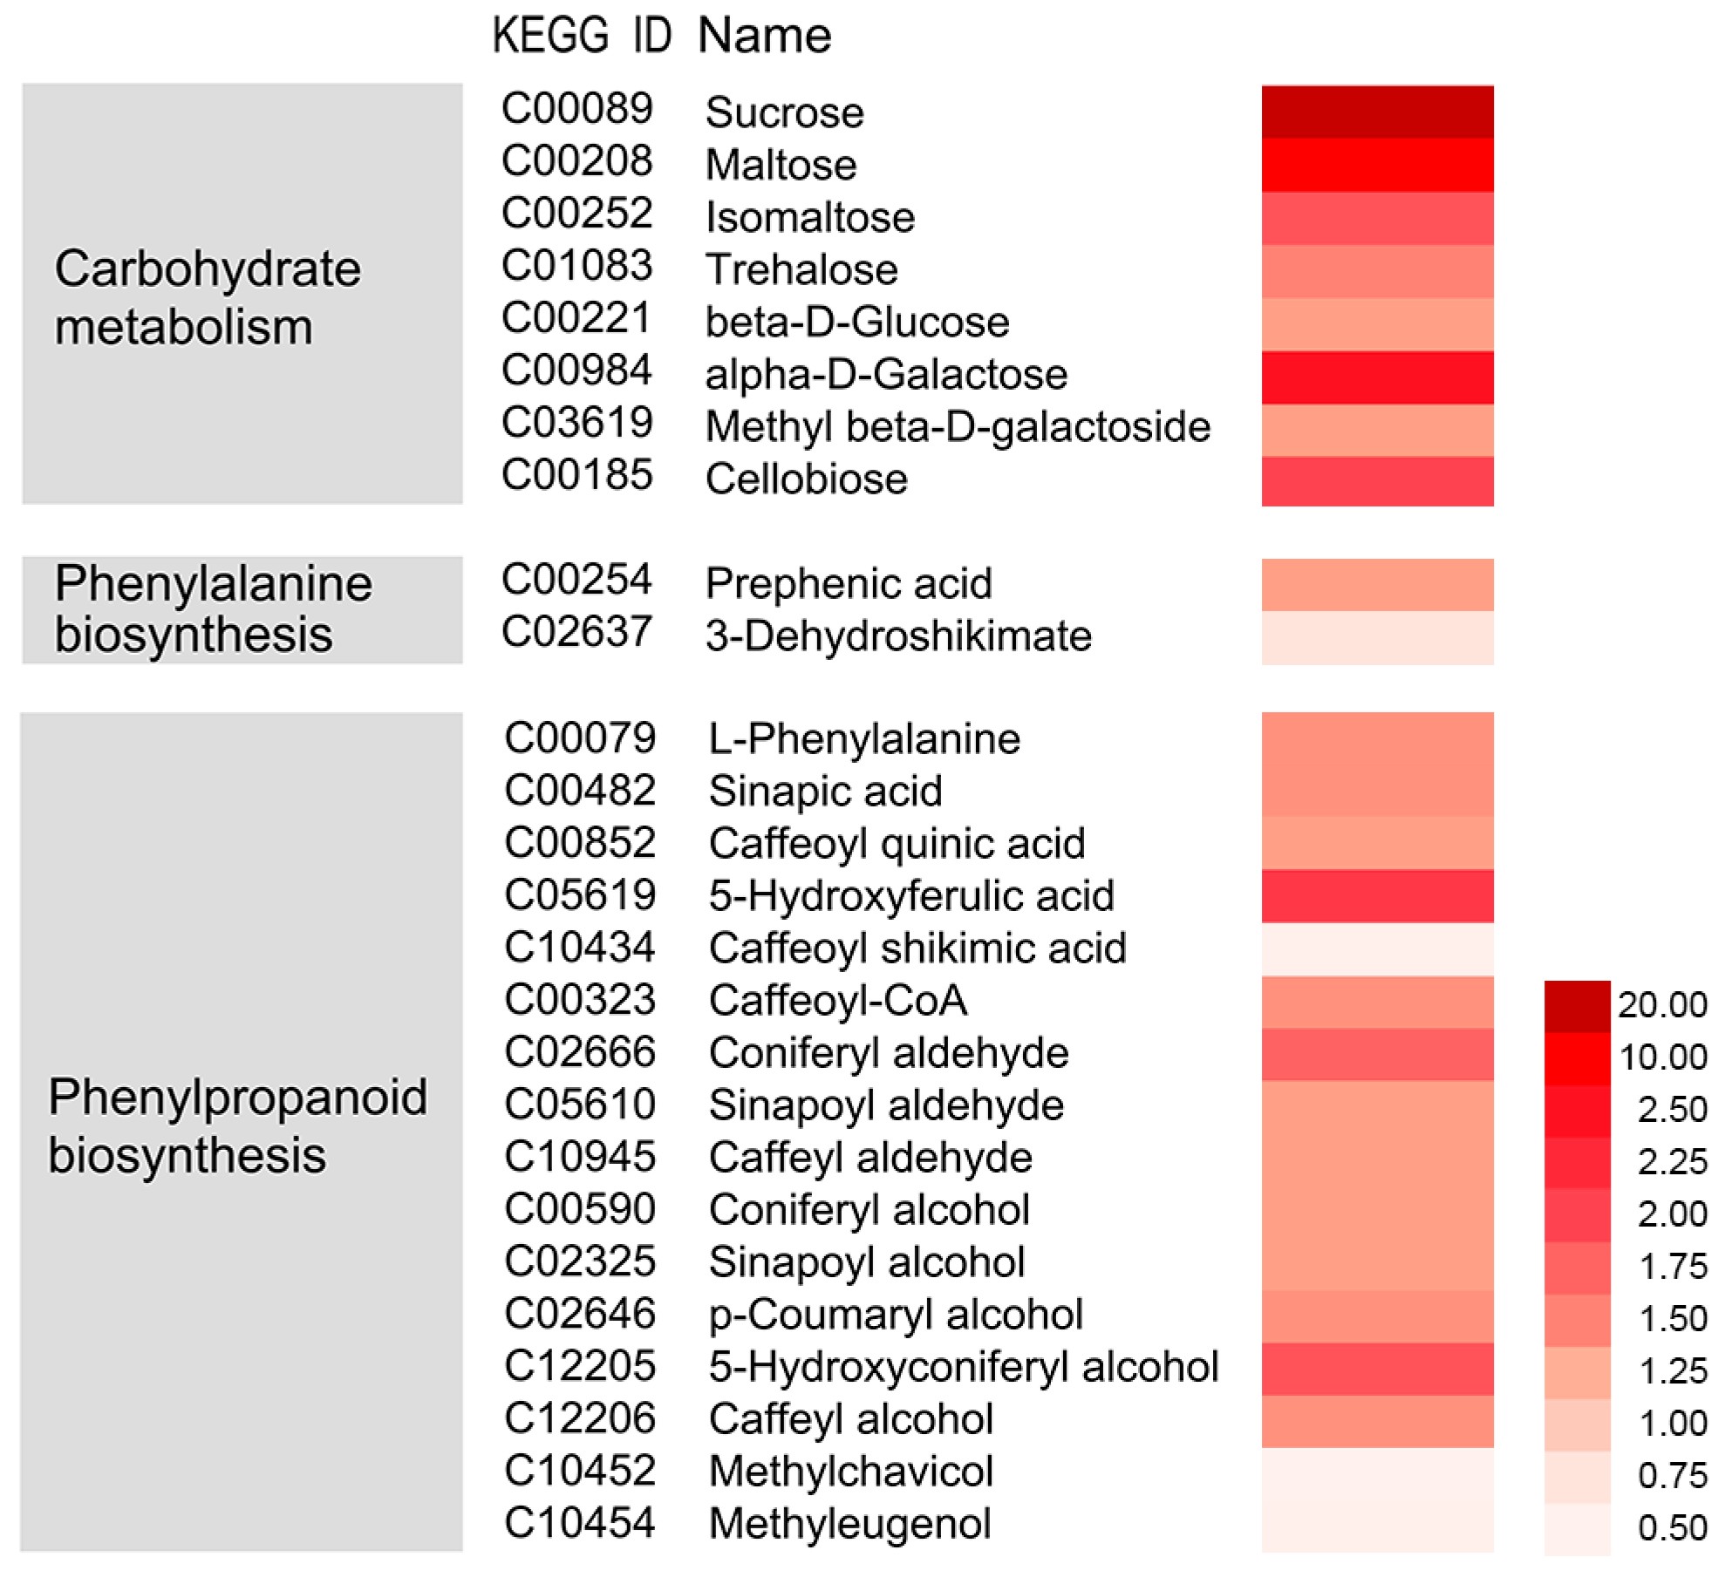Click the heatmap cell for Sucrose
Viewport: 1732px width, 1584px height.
(x=1376, y=112)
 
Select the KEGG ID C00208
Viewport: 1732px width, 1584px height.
(x=576, y=161)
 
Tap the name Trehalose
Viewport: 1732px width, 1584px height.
(x=801, y=269)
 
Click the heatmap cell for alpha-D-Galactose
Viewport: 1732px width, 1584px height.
(x=1376, y=377)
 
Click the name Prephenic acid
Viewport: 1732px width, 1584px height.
(x=848, y=583)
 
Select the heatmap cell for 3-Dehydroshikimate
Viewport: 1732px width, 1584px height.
(x=1376, y=637)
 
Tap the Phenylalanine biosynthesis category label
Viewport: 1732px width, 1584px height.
(x=213, y=608)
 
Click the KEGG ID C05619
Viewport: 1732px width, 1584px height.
(x=579, y=894)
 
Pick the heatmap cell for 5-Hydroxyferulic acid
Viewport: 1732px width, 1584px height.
(x=1376, y=895)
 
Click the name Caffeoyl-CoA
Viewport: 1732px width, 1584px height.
(x=837, y=1000)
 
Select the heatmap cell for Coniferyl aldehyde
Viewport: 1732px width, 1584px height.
(x=1376, y=1054)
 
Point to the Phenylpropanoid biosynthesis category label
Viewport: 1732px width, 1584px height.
(x=237, y=1125)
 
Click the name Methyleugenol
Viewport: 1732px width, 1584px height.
(x=849, y=1524)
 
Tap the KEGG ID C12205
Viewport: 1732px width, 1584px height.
(x=579, y=1365)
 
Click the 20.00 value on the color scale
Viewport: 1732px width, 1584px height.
(x=1661, y=1004)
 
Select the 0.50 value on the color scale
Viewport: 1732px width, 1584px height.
(x=1671, y=1527)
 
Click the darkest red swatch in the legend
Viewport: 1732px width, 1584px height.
(x=1576, y=1006)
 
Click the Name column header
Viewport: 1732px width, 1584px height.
(x=764, y=36)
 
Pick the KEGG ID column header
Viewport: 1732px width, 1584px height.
(x=582, y=36)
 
